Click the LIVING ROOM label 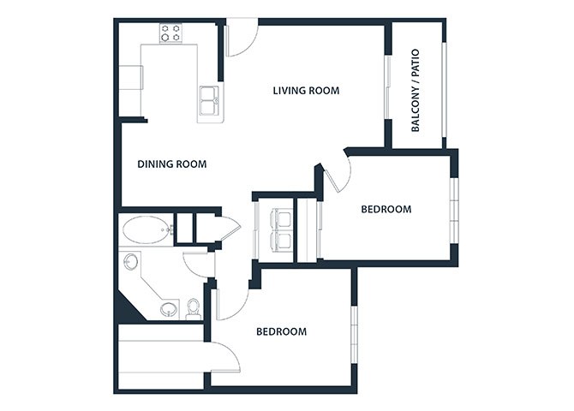tap(306, 91)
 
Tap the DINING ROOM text tap(171, 164)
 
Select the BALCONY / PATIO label tap(416, 91)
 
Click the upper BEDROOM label tap(386, 209)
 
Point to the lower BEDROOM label tap(282, 331)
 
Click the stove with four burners tap(171, 33)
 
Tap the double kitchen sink tap(209, 100)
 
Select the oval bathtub tap(146, 229)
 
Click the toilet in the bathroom tap(193, 308)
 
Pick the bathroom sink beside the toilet tap(169, 310)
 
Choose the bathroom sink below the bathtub tap(131, 262)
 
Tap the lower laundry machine tap(281, 241)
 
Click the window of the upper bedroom tap(454, 211)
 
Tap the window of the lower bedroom tap(354, 335)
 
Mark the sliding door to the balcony tap(388, 87)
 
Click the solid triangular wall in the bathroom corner tap(126, 310)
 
